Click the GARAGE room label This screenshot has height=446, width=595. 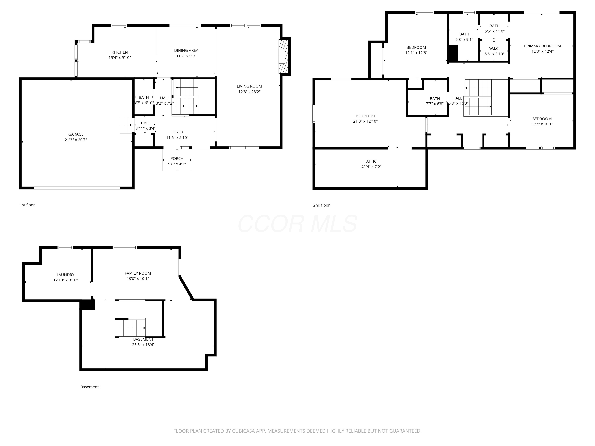(x=76, y=134)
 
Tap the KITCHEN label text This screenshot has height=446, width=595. (x=120, y=52)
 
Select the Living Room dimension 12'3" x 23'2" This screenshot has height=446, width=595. (x=249, y=92)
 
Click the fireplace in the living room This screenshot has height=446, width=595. (x=283, y=56)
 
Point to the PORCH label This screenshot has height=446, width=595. (x=177, y=159)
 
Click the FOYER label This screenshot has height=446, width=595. (x=177, y=132)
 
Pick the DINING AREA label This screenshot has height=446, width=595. (x=186, y=50)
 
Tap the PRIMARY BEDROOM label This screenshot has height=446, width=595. (x=542, y=46)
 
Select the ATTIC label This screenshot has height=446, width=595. (x=371, y=161)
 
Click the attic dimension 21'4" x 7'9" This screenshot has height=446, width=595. (x=371, y=167)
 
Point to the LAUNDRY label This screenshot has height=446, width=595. (x=65, y=275)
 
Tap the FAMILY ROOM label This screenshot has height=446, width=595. (x=138, y=273)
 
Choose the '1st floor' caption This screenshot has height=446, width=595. (x=27, y=205)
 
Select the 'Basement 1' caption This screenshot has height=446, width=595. (x=91, y=387)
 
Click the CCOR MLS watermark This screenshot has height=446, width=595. (x=297, y=224)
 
